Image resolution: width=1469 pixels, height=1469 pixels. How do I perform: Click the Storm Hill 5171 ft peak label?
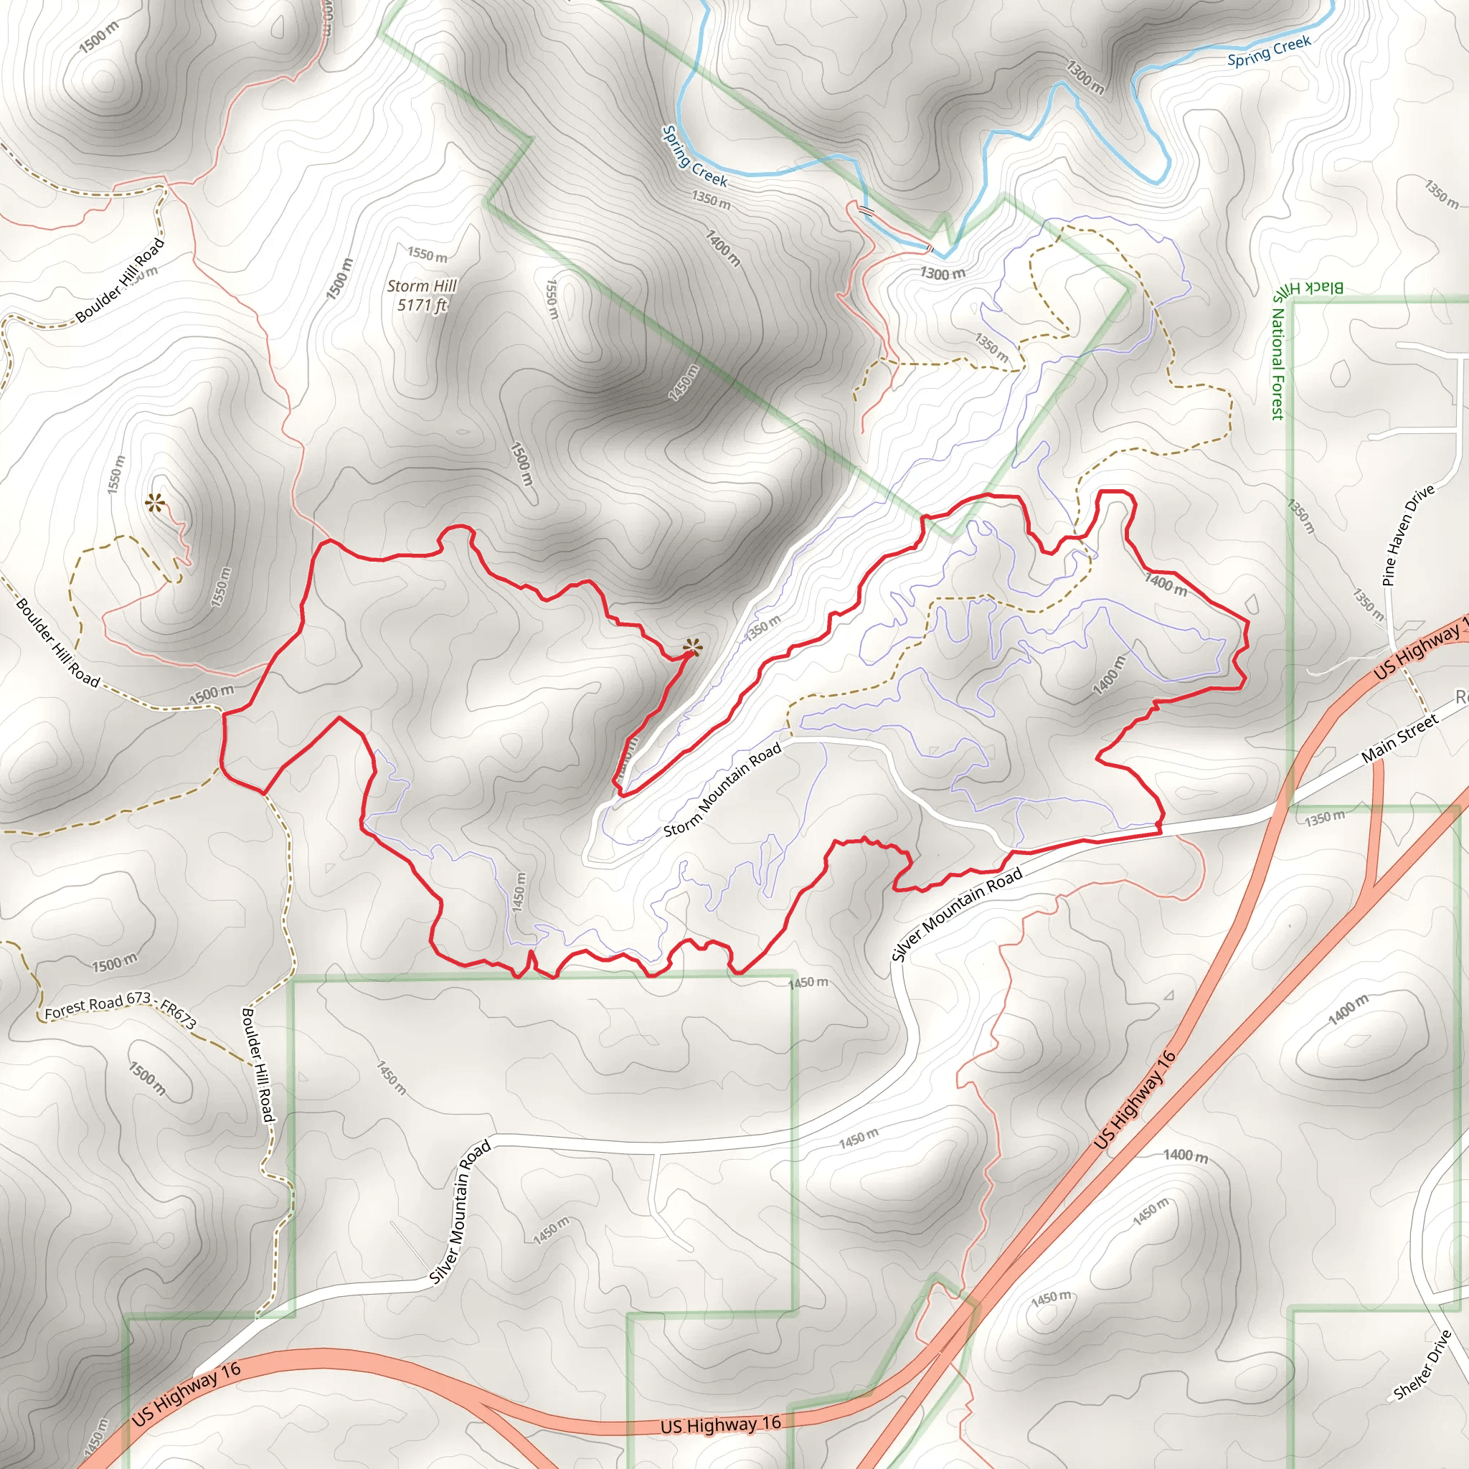[421, 295]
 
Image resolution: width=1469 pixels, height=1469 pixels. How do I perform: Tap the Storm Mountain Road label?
[722, 789]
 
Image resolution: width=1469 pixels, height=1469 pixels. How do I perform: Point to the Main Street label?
[1399, 737]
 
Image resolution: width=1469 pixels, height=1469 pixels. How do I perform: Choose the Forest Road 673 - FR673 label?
[120, 1010]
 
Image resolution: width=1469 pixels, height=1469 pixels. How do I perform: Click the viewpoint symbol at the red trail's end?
[691, 648]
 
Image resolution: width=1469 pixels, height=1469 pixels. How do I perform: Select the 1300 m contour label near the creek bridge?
[943, 273]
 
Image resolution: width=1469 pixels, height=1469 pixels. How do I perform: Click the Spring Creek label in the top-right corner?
[1269, 50]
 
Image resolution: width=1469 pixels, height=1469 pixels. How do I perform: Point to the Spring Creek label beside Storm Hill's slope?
[694, 157]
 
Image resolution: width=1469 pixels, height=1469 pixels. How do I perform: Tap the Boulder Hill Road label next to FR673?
[257, 1064]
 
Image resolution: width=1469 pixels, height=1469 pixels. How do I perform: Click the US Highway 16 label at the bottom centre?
[720, 1424]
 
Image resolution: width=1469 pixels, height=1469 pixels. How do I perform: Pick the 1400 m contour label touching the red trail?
[1166, 584]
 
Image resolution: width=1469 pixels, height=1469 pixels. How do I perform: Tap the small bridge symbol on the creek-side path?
[865, 210]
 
